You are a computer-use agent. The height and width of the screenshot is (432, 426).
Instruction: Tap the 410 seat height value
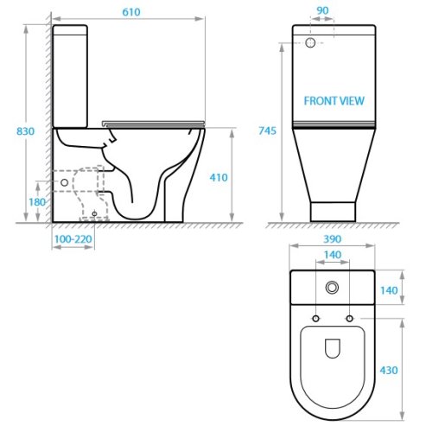click(218, 177)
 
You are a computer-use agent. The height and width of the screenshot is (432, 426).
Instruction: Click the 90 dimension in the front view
click(323, 10)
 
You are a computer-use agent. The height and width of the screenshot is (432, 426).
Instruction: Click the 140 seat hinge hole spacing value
click(332, 256)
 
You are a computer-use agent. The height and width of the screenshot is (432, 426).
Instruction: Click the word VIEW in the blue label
click(352, 101)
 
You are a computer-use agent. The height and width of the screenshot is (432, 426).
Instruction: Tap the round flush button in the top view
click(332, 287)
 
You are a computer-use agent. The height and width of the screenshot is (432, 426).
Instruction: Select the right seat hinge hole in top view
click(349, 320)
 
